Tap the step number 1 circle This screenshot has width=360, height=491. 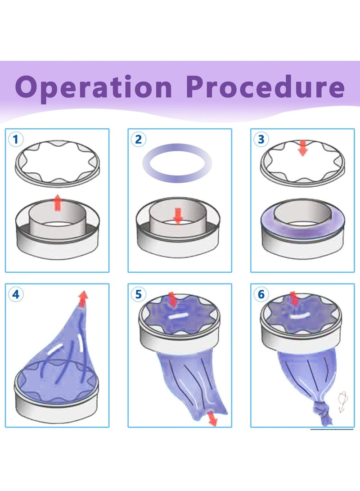click(16, 139)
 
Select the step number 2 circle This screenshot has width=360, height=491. click(138, 139)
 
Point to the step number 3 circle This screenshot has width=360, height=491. click(261, 139)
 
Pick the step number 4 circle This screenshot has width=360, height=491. click(16, 294)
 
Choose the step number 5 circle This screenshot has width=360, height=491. click(138, 294)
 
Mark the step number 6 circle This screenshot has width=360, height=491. click(261, 294)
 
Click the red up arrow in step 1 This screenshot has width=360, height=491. click(57, 203)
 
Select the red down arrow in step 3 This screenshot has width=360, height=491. click(303, 148)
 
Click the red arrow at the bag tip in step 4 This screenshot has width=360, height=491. click(83, 298)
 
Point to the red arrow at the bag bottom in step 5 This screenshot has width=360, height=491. click(212, 419)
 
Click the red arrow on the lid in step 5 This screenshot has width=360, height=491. click(172, 299)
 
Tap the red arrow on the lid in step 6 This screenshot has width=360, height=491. click(294, 298)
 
